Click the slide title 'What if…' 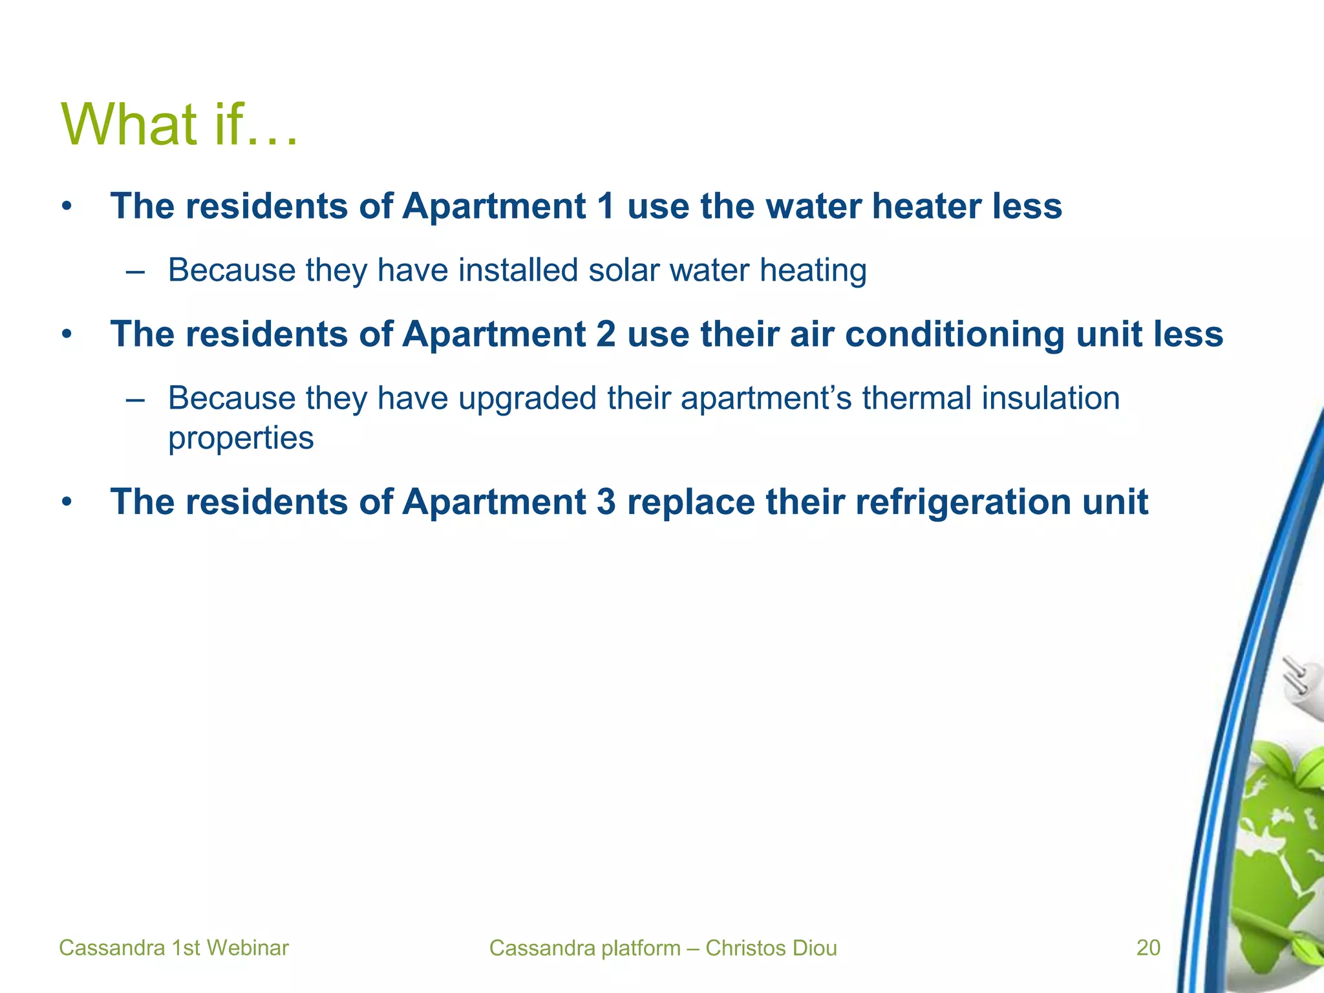coord(179,124)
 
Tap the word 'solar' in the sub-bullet coord(625,270)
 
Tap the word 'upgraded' coord(528,398)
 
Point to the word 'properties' coord(240,438)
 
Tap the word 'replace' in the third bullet coord(690,502)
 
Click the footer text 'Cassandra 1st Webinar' coord(173,948)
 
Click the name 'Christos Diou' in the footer coord(771,948)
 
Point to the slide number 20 coord(1148,948)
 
